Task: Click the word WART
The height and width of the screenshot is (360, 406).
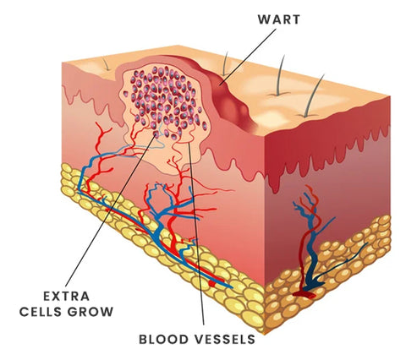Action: pyautogui.click(x=279, y=19)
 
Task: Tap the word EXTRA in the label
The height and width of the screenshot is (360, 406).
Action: pyautogui.click(x=67, y=296)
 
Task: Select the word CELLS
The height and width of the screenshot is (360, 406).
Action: pyautogui.click(x=41, y=312)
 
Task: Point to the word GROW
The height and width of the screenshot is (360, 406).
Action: pyautogui.click(x=91, y=312)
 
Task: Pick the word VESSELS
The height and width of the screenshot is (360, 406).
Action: pyautogui.click(x=224, y=340)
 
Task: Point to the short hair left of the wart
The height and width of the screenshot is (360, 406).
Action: pyautogui.click(x=106, y=63)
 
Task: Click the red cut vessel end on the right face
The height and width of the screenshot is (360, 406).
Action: pyautogui.click(x=304, y=294)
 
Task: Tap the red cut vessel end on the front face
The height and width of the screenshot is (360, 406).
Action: pyautogui.click(x=214, y=282)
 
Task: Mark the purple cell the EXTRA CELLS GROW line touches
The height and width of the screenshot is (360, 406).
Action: pyautogui.click(x=156, y=134)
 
